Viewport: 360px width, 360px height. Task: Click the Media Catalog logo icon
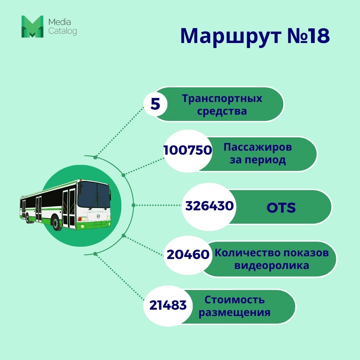(x=32, y=26)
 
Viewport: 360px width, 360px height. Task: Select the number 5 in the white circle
(x=155, y=104)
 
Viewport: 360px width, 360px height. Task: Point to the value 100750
(x=188, y=150)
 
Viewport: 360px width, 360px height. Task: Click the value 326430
(x=209, y=206)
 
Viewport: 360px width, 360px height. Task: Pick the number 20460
(x=188, y=255)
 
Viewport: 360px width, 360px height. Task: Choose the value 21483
(x=168, y=305)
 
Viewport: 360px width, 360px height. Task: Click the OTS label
(x=281, y=208)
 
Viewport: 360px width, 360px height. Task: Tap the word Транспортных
(x=222, y=99)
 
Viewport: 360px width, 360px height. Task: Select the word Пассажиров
(x=258, y=147)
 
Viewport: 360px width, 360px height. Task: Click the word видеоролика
(x=272, y=266)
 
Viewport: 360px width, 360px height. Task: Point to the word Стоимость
(x=234, y=300)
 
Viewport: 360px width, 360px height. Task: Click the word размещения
(x=234, y=313)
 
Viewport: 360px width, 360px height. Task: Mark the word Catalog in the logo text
(x=63, y=32)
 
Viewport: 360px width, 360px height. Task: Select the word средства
(x=222, y=111)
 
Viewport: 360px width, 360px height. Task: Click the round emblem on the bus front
(x=98, y=216)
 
